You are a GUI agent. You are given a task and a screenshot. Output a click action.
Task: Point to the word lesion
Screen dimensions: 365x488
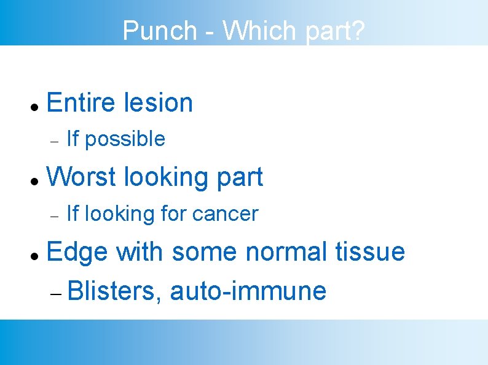point(158,102)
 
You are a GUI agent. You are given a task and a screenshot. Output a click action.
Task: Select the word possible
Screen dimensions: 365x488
point(125,139)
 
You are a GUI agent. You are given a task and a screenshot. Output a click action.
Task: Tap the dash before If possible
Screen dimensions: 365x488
point(54,140)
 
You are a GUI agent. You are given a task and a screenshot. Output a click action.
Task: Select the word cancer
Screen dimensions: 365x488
point(225,214)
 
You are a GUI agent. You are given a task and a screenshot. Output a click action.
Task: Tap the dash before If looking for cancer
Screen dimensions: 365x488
point(54,215)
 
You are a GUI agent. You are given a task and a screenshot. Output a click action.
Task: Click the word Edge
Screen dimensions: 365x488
point(77,252)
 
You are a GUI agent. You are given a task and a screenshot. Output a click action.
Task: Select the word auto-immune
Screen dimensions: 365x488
point(248,290)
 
